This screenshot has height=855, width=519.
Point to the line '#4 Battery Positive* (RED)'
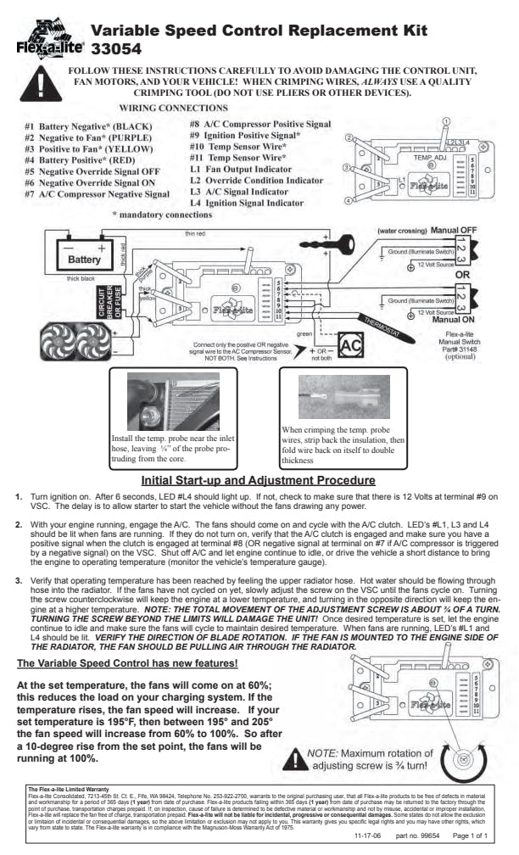(77, 159)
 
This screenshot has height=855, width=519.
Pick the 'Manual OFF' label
(456, 231)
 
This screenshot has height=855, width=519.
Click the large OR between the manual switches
(463, 275)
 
